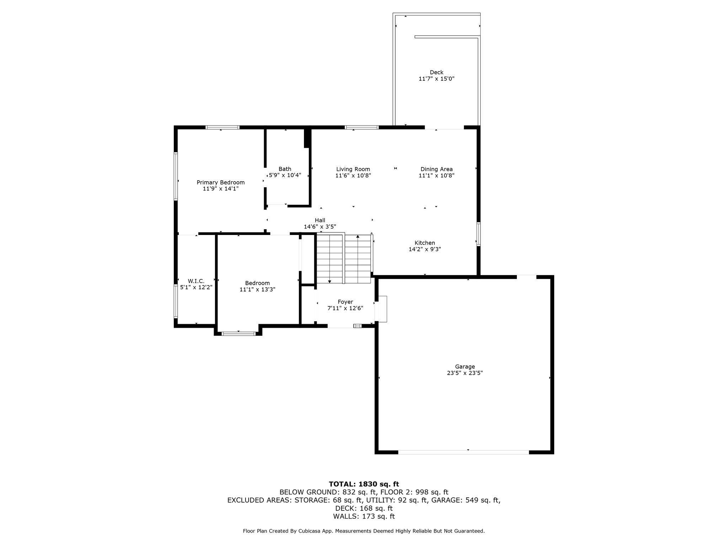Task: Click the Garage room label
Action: click(465, 367)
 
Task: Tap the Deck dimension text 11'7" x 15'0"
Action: click(437, 79)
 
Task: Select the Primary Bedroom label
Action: click(221, 182)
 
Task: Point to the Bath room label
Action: click(285, 169)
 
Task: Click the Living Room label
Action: click(353, 169)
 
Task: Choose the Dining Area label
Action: click(437, 169)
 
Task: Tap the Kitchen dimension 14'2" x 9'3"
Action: click(425, 250)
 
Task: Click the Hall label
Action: click(320, 220)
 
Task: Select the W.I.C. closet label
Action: click(196, 281)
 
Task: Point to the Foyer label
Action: click(346, 302)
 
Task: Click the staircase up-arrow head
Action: click(358, 236)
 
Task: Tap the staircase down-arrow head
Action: click(330, 282)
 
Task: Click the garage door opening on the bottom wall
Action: click(464, 452)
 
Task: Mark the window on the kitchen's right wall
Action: click(478, 234)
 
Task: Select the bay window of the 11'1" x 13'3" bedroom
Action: click(239, 333)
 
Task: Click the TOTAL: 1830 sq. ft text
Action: click(364, 484)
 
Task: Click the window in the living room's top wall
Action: click(362, 127)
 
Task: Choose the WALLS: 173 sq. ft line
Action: click(364, 516)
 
